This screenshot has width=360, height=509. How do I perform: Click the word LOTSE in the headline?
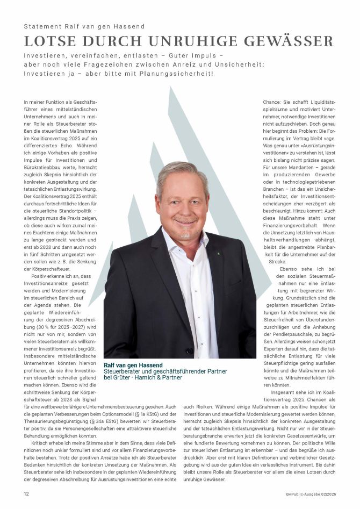coord(49,41)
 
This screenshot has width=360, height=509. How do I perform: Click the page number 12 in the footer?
coord(26,493)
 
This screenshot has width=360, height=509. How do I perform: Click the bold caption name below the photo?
coord(133,365)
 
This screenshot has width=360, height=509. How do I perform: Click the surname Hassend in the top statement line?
coord(131,26)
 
